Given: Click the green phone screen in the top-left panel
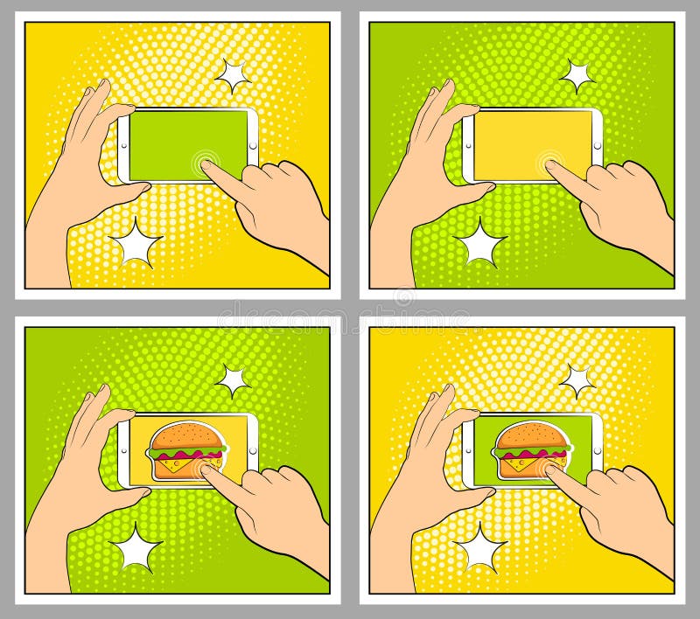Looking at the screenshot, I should click(x=179, y=140).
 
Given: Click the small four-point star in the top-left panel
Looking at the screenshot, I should click(x=233, y=76).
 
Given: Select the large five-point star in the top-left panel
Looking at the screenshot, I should click(x=136, y=242).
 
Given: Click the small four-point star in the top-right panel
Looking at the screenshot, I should click(x=577, y=76).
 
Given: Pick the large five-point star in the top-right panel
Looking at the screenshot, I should click(x=480, y=242).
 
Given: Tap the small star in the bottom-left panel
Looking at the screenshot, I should click(x=233, y=379).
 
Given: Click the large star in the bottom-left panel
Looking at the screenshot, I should click(x=136, y=546).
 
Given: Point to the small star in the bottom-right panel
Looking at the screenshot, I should click(x=577, y=379).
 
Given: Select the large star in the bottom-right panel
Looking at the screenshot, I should click(x=480, y=546).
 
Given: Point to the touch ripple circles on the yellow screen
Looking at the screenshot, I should click(x=552, y=161).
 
